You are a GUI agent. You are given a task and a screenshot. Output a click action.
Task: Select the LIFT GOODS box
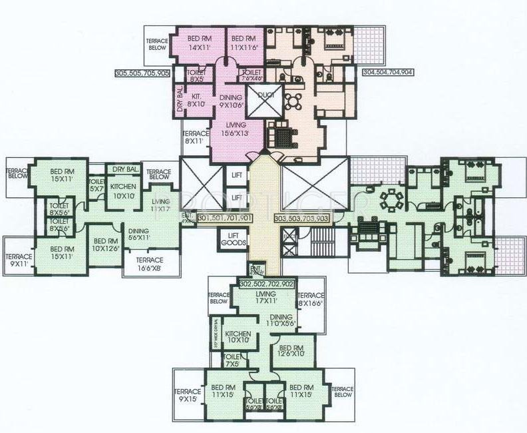[x=232, y=240]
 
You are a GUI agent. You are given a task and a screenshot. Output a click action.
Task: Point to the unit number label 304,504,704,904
[x=389, y=72]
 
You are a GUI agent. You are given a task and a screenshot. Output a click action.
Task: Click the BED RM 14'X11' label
[x=200, y=43]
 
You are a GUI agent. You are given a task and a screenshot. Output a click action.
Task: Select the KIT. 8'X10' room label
[x=196, y=100]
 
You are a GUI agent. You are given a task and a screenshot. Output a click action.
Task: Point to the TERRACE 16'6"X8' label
[x=150, y=264]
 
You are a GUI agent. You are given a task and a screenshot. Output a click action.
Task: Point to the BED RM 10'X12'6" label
[x=105, y=245]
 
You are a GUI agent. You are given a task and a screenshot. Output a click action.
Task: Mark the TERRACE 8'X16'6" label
[x=310, y=299]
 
